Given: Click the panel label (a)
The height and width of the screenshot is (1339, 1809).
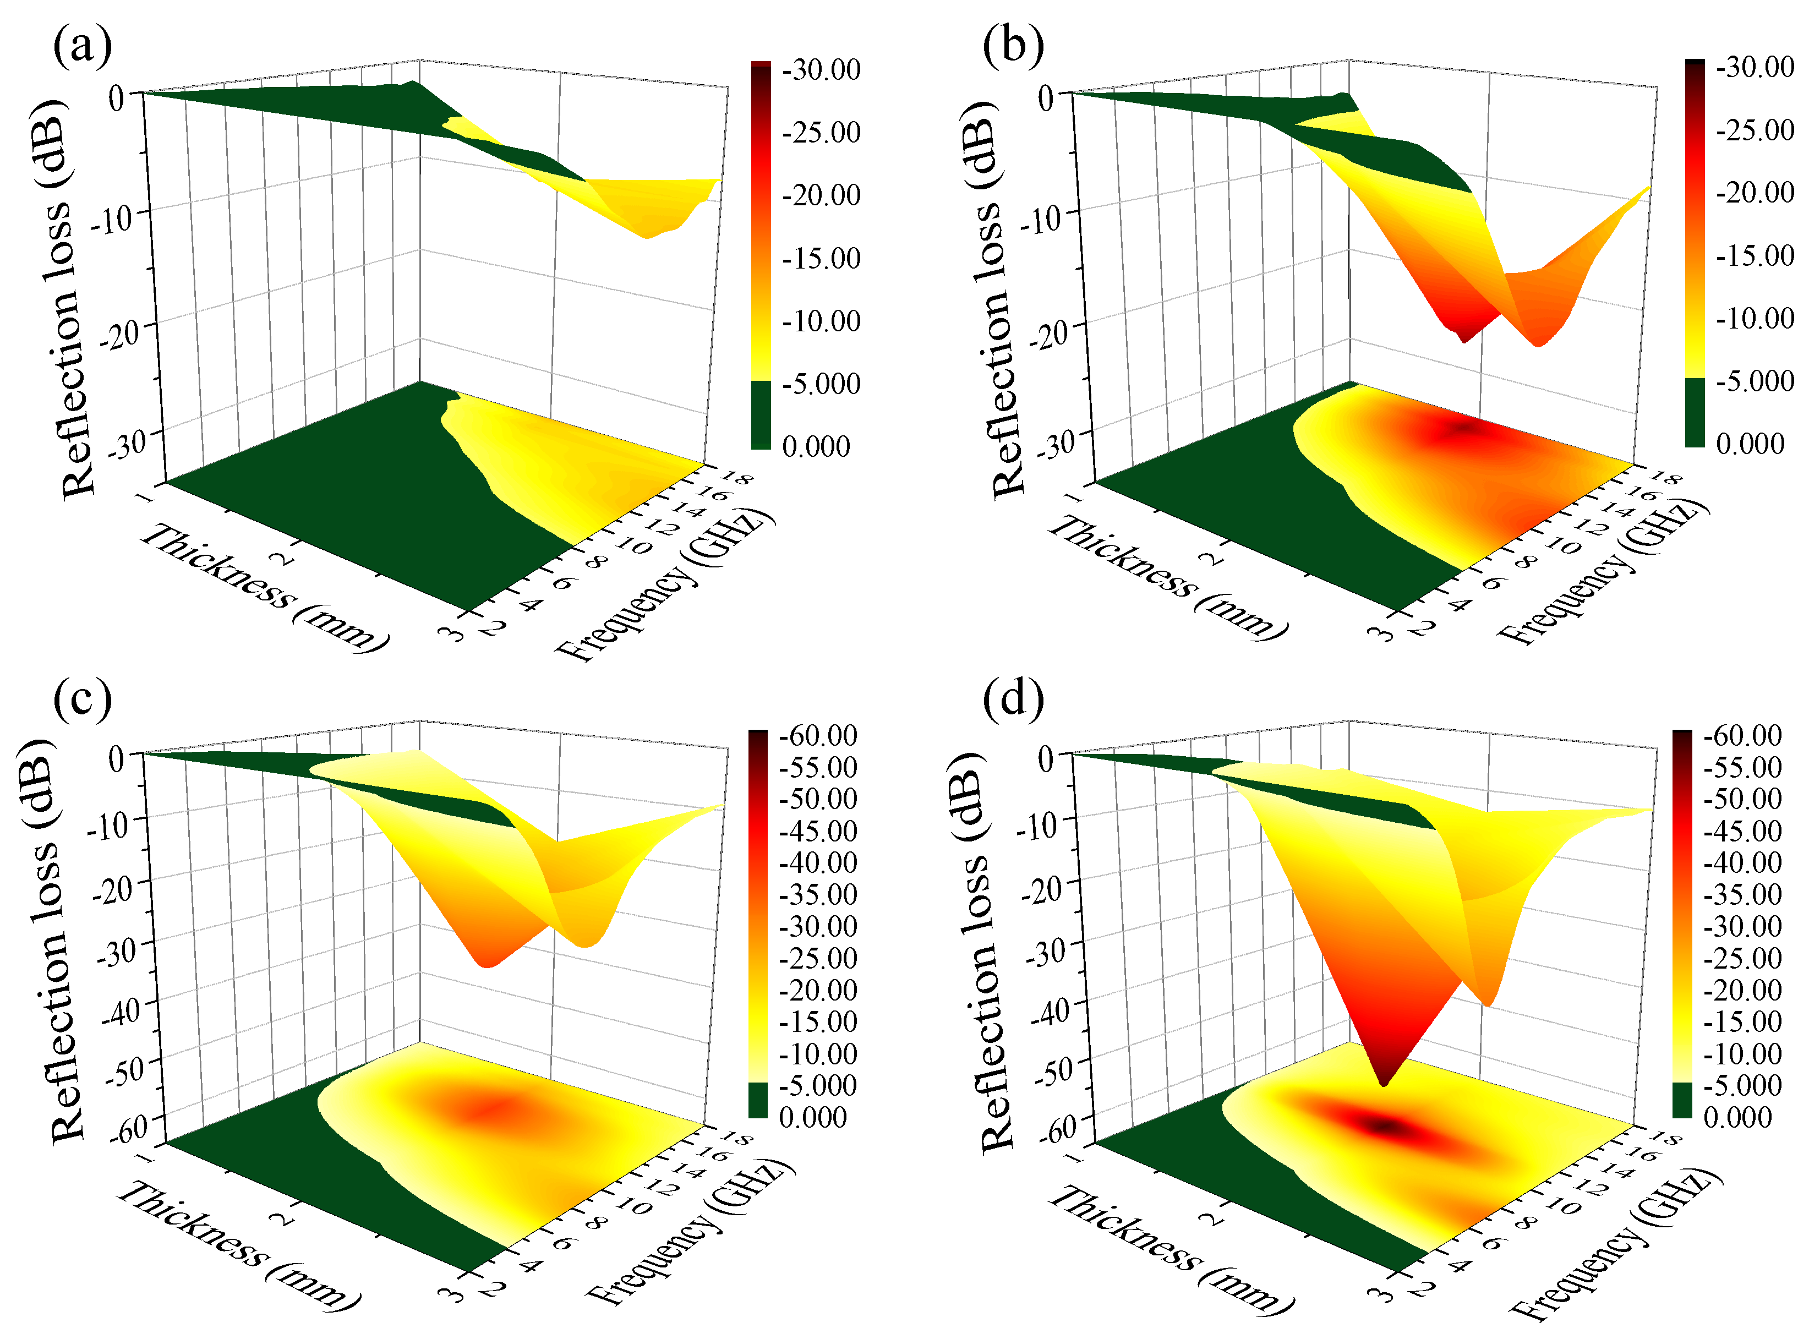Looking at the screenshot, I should [x=82, y=46].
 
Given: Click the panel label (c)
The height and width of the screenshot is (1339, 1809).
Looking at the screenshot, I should [x=82, y=699].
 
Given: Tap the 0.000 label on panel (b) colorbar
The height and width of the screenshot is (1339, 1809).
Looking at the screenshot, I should [x=1750, y=444].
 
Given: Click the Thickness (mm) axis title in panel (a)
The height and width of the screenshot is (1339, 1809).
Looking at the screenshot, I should [x=264, y=588].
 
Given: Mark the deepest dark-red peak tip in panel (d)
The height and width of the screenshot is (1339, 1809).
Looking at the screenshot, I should [x=1384, y=1084].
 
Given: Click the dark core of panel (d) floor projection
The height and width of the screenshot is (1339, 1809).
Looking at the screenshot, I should [x=1387, y=1126].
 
